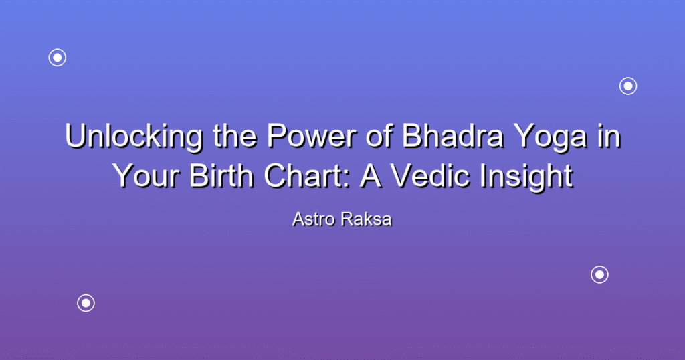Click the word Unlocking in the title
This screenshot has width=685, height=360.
[x=134, y=137]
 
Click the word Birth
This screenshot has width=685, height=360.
[x=221, y=175]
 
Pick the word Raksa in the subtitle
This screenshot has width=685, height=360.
[x=367, y=219]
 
